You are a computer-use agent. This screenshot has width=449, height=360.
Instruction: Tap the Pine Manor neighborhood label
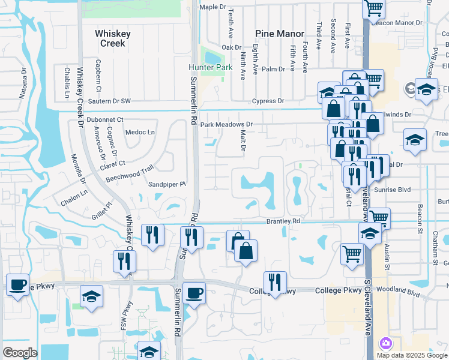point(279,34)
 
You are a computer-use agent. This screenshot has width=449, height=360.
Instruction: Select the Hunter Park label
point(209,68)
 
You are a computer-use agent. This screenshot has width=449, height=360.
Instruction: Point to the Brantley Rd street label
point(283,221)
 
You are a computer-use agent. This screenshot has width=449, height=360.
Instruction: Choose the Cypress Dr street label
point(268,101)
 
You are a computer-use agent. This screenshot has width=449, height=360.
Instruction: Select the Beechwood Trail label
point(130,175)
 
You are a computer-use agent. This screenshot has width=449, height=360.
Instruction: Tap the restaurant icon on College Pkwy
point(275,281)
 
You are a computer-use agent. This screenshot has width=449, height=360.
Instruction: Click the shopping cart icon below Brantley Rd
point(352,253)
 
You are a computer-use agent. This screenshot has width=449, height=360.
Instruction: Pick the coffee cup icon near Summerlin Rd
point(194,293)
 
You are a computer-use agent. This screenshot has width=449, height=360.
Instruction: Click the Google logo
point(20,353)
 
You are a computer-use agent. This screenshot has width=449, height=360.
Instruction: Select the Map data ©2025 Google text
point(412,355)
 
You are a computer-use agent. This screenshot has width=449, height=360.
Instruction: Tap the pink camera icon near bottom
point(385,343)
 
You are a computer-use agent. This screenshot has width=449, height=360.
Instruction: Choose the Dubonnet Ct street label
point(104,120)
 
